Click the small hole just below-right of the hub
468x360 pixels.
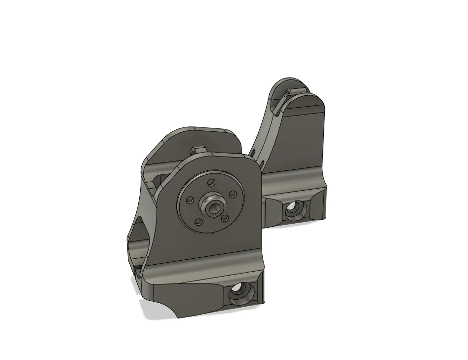225,217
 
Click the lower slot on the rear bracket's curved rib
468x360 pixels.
262,162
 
